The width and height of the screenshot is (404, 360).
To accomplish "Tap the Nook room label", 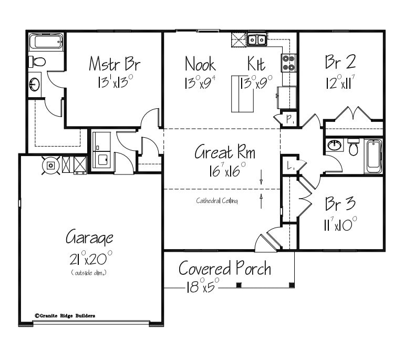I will (x=200, y=64).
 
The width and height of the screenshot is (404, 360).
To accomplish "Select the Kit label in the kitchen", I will (x=256, y=64).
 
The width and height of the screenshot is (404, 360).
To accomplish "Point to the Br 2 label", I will (x=340, y=62).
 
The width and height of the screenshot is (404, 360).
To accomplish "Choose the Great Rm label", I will (x=225, y=153).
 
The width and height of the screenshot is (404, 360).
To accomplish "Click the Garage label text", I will (x=89, y=238).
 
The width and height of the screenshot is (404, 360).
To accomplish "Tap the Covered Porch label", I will (x=225, y=269).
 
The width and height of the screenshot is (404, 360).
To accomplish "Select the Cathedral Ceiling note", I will (x=217, y=200).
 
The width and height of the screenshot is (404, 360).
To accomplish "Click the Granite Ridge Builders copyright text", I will (x=65, y=316).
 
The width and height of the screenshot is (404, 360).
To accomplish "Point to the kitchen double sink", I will (x=256, y=39).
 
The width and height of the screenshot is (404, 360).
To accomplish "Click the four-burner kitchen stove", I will (x=289, y=63).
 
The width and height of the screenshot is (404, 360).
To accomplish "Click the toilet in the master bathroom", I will (x=37, y=61).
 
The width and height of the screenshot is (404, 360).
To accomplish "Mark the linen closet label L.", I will (x=289, y=166).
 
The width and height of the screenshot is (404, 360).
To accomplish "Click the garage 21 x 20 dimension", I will (x=90, y=259).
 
